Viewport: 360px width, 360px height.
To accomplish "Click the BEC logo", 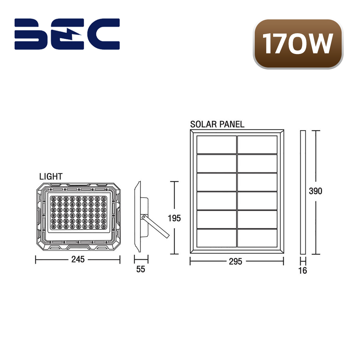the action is (x=67, y=34).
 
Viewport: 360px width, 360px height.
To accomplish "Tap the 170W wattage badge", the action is (x=298, y=44).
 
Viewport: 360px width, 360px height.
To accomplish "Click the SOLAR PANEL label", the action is (x=217, y=124).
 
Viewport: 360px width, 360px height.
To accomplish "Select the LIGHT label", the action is (x=51, y=177).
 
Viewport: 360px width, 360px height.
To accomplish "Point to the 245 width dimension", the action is (x=78, y=259).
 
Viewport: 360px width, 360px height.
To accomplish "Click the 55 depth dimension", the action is (x=141, y=269).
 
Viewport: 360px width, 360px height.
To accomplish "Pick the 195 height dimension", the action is (x=174, y=218).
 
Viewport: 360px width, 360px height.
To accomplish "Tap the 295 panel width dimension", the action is (x=236, y=261).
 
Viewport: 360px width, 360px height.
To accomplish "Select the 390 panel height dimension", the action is (x=315, y=191).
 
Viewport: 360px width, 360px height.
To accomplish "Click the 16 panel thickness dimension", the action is (x=303, y=270).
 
